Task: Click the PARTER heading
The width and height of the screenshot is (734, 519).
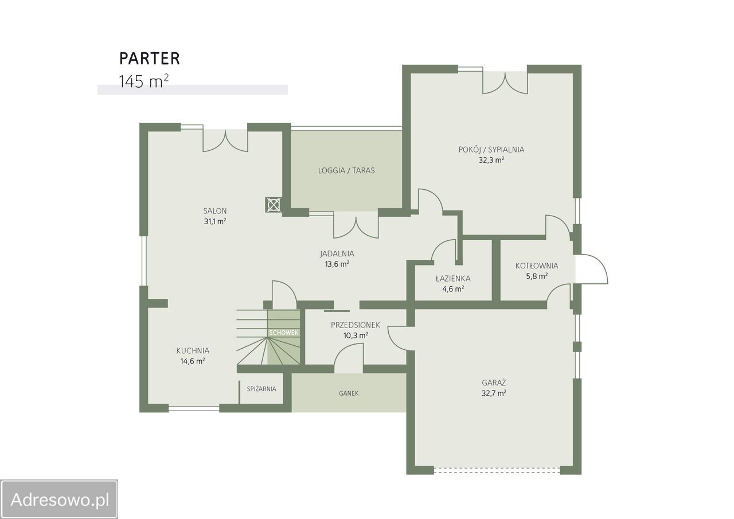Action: [x=150, y=58]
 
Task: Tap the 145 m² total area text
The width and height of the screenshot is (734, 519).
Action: [x=143, y=81]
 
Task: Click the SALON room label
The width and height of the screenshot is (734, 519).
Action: [x=215, y=210]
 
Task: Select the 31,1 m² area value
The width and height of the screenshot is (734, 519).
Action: [x=215, y=221]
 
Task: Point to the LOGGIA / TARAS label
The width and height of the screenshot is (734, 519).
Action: [x=346, y=170]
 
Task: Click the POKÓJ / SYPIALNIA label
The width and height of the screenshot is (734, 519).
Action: [x=491, y=150]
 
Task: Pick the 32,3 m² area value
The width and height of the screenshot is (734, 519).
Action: [x=491, y=160]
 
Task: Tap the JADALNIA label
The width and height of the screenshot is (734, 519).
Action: [x=337, y=253]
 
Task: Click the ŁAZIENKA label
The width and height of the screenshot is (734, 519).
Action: [x=453, y=279]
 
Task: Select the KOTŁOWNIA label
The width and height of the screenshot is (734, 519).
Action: [x=537, y=266]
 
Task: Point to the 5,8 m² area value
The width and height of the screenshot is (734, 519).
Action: [x=537, y=276]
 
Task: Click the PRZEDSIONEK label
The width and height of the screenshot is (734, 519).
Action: [x=355, y=325]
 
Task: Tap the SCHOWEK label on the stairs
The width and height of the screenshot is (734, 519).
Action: [x=284, y=333]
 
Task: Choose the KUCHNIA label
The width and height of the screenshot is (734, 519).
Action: [x=193, y=350]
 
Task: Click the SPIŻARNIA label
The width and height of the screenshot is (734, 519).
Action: [x=261, y=389]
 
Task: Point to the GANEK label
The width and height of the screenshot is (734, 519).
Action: [x=349, y=393]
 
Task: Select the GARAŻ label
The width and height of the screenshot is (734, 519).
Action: [x=494, y=383]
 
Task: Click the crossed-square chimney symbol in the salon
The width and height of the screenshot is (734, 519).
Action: [x=274, y=205]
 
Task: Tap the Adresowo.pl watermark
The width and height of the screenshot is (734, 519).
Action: [x=60, y=500]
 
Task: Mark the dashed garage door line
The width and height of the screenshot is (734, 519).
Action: [x=497, y=470]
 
